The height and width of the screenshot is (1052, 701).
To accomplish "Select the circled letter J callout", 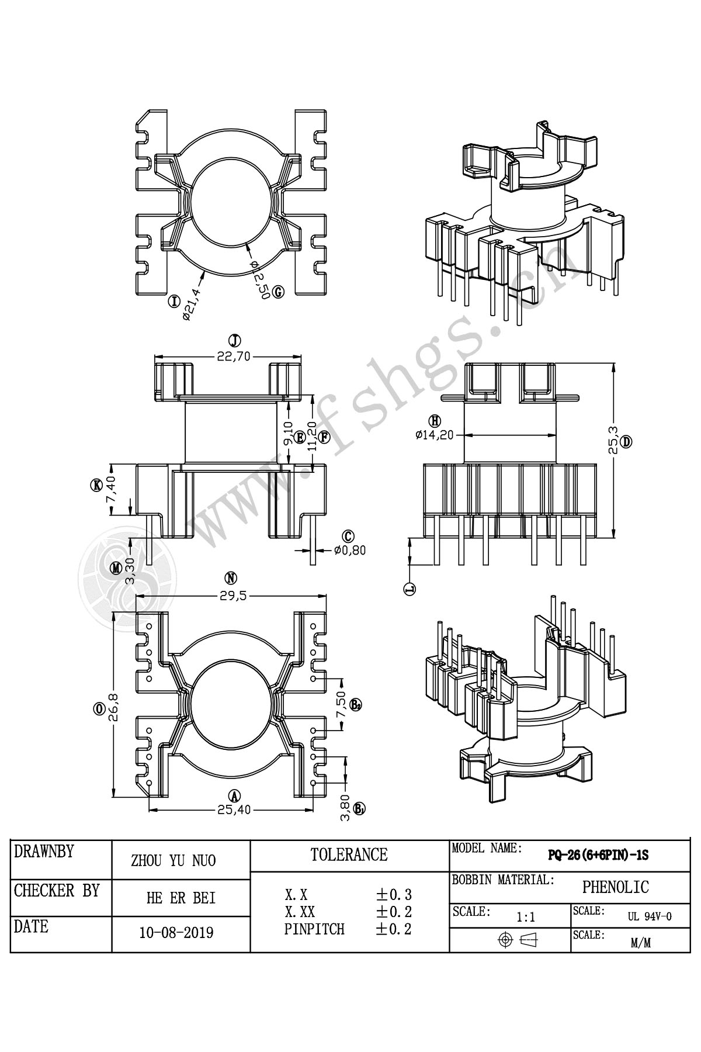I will (234, 341).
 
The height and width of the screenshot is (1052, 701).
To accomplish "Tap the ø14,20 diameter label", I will (435, 435).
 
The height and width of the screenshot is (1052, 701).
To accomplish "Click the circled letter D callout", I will (626, 441).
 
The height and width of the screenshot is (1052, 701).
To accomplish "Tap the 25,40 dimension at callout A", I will (234, 809).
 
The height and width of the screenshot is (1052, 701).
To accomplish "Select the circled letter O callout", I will (99, 709).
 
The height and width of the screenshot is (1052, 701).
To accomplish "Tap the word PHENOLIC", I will (615, 887).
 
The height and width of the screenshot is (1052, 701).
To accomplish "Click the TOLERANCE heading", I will (349, 855).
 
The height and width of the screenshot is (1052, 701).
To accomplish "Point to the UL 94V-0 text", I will (650, 916).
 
